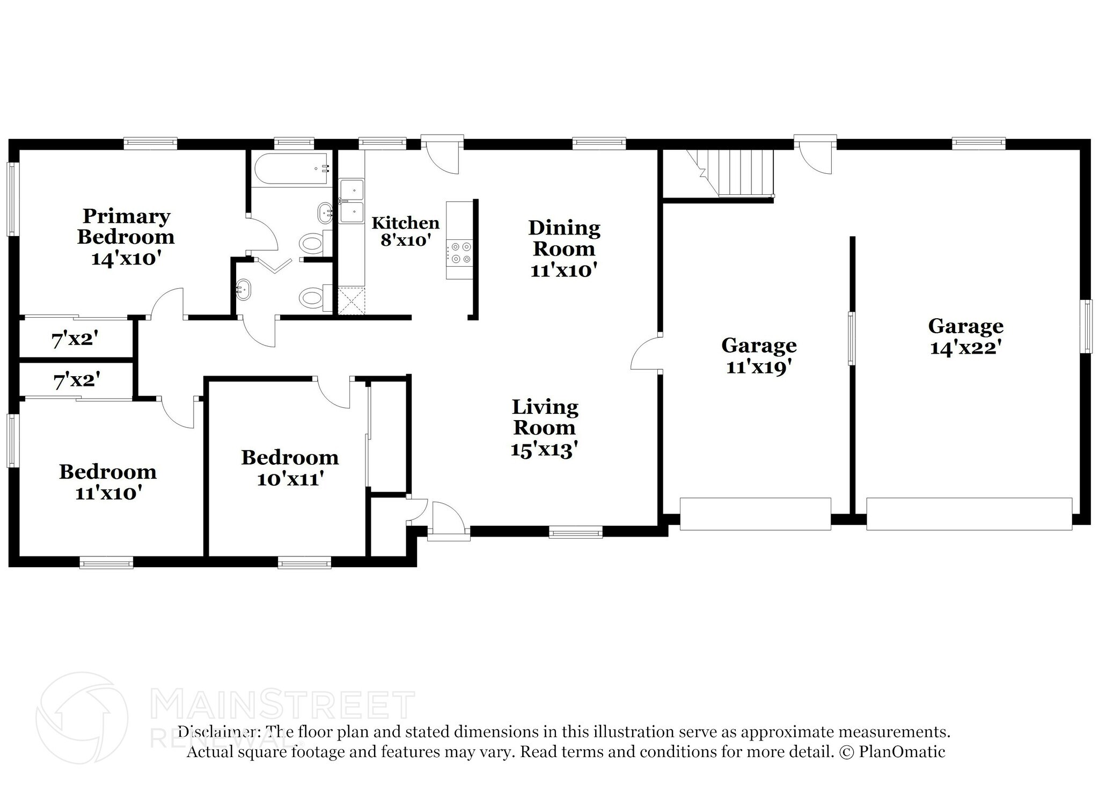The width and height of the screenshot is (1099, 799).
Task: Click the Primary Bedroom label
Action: (126, 237)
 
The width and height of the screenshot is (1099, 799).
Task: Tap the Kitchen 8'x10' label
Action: (406, 231)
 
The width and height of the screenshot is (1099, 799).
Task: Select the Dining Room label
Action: (564, 248)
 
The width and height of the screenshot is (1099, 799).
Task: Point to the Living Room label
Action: (545, 428)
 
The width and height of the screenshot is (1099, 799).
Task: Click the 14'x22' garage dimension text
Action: (966, 348)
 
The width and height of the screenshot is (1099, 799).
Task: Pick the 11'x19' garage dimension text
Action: (759, 367)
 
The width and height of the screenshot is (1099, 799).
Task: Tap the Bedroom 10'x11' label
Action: (290, 467)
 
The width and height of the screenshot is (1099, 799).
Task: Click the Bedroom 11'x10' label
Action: (108, 482)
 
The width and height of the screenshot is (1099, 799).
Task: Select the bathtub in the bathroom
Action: (290, 168)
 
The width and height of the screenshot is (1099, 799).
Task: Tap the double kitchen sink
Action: (351, 201)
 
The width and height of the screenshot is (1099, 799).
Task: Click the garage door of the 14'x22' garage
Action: (969, 514)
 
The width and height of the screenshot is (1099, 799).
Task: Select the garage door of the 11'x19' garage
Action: (756, 514)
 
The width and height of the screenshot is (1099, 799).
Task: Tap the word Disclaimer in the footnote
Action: (216, 731)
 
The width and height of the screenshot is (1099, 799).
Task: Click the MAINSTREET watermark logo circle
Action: (82, 718)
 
